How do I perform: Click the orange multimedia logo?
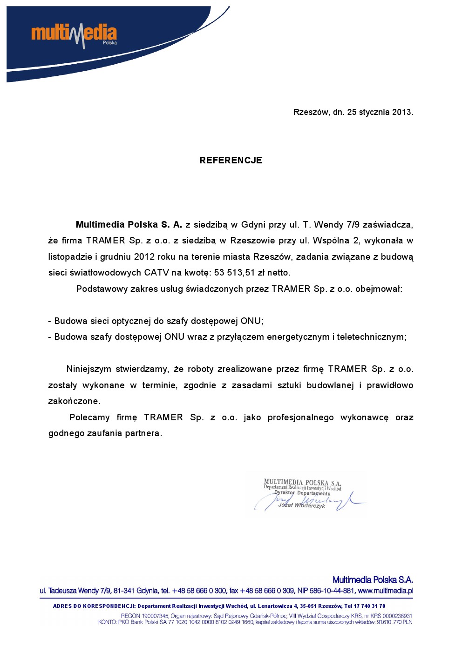(x=74, y=34)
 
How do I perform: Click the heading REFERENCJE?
(x=231, y=161)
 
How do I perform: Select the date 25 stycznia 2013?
(x=379, y=112)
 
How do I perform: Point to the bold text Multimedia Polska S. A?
(x=129, y=225)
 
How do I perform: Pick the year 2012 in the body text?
(x=144, y=257)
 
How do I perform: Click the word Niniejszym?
(x=88, y=369)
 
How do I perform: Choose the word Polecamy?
(x=89, y=417)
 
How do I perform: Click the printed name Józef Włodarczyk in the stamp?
(x=301, y=505)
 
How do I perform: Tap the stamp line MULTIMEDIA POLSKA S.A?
(x=302, y=483)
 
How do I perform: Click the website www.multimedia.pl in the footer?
(x=385, y=591)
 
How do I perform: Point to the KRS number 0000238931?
(x=397, y=616)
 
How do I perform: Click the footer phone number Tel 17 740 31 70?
(x=365, y=606)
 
